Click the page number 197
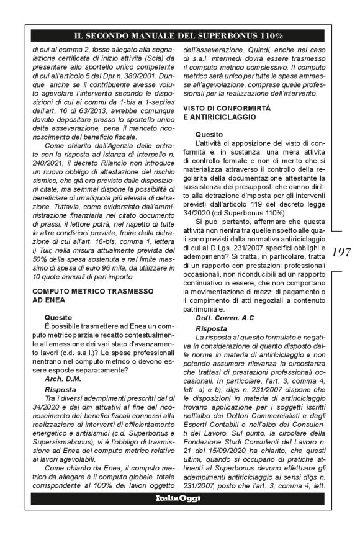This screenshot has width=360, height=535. point(342,251)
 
